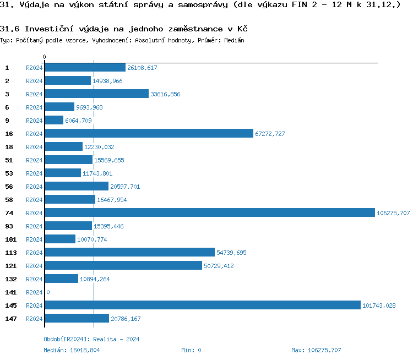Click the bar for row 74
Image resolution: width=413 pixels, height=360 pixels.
tap(209, 213)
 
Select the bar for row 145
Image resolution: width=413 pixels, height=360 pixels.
tap(202, 306)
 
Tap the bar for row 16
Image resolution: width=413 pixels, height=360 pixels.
tap(149, 134)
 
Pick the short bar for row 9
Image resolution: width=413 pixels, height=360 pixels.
tap(54, 121)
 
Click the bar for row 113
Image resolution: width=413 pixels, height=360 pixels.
tap(129, 253)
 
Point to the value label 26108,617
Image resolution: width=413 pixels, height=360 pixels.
tap(142, 68)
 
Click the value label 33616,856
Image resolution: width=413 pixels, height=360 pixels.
tap(165, 94)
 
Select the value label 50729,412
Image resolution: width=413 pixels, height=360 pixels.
tap(219, 266)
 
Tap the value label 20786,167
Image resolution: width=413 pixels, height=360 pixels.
tap(126, 319)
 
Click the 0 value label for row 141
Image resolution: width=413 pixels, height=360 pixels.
tap(48, 292)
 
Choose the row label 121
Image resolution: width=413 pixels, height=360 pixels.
tap(10, 266)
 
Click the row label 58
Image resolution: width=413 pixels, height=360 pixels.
tap(9, 200)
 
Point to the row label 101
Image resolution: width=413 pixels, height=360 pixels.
tap(10, 239)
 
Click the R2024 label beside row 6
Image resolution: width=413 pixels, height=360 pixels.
tap(34, 107)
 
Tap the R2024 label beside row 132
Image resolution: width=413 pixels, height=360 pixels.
tap(34, 279)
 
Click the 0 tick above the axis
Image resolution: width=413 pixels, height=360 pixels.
tap(45, 57)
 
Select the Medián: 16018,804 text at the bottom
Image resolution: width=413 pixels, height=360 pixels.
tap(72, 350)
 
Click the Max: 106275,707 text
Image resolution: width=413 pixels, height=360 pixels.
tap(316, 350)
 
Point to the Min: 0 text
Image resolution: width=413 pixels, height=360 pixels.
tap(191, 350)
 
